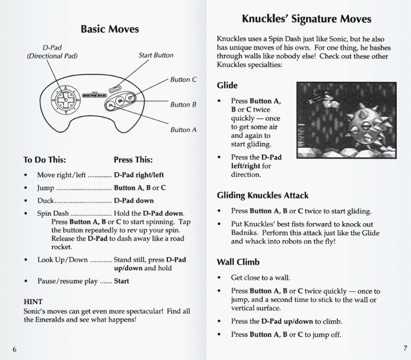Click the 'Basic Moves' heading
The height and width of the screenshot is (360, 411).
[x=110, y=29]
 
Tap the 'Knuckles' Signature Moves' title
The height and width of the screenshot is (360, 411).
[x=307, y=19]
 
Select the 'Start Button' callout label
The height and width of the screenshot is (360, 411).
[x=156, y=55]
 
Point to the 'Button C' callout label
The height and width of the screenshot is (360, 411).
[x=183, y=80]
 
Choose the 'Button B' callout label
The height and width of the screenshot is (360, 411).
[x=183, y=105]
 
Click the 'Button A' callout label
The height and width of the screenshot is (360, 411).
[x=183, y=130]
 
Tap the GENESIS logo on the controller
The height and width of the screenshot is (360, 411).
[x=94, y=96]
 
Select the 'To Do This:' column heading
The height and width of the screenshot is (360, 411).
[x=45, y=160]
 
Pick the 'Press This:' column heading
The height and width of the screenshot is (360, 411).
[x=133, y=160]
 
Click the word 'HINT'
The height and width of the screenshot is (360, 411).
[x=33, y=301]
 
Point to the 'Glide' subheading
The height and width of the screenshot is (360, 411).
[x=227, y=85]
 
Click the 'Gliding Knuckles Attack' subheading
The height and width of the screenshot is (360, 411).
[x=262, y=196]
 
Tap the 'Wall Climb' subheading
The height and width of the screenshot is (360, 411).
[x=238, y=262]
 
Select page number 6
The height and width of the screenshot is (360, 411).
[x=14, y=349]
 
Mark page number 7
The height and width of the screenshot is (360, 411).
[x=405, y=348]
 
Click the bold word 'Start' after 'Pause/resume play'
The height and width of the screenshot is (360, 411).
[x=121, y=281]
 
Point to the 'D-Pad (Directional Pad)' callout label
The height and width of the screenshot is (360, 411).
[x=52, y=52]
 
